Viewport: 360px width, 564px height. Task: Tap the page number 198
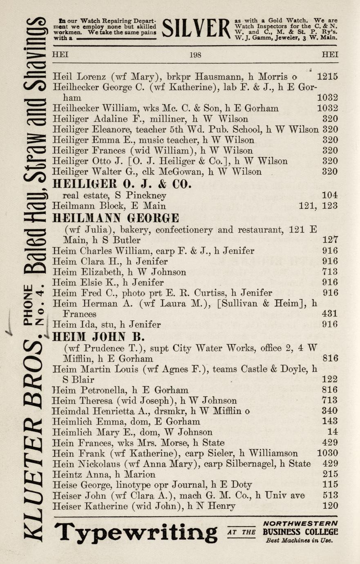coord(195,55)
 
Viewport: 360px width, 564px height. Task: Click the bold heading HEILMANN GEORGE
coord(116,217)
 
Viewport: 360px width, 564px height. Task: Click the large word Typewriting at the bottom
coord(136,533)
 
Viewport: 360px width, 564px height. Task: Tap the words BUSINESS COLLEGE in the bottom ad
coord(300,532)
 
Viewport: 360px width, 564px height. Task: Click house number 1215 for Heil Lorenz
coord(327,76)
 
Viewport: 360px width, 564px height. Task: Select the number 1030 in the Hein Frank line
coord(327,453)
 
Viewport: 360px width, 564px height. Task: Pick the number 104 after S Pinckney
coord(330,195)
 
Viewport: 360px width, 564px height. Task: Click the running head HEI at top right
coord(330,55)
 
